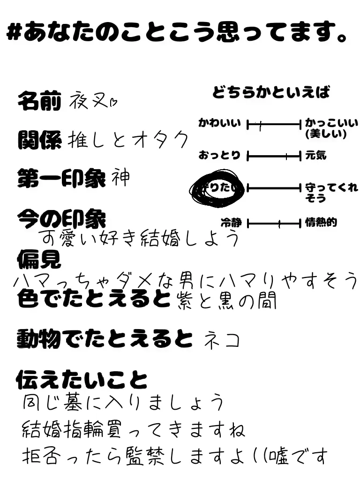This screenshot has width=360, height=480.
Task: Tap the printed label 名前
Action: pos(39,101)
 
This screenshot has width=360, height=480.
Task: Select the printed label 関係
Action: pos(39,140)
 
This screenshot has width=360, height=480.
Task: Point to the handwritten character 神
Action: pos(120,178)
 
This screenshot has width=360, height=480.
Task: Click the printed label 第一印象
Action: pos(61,179)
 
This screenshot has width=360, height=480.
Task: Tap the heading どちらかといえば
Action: pos(270,92)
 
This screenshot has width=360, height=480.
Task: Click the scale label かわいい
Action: pos(219,123)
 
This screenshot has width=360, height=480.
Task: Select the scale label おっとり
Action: pos(219,155)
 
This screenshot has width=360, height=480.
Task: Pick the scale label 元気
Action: pos(315,155)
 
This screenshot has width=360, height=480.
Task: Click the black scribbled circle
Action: pos(217,189)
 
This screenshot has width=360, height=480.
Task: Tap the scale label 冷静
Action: pos(231,223)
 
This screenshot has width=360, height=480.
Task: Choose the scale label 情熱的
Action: pos(321,222)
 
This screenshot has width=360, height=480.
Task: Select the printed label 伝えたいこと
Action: pos(82,380)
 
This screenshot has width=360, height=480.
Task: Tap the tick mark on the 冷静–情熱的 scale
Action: pos(279,224)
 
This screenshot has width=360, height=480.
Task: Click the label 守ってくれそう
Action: pos(330,193)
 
